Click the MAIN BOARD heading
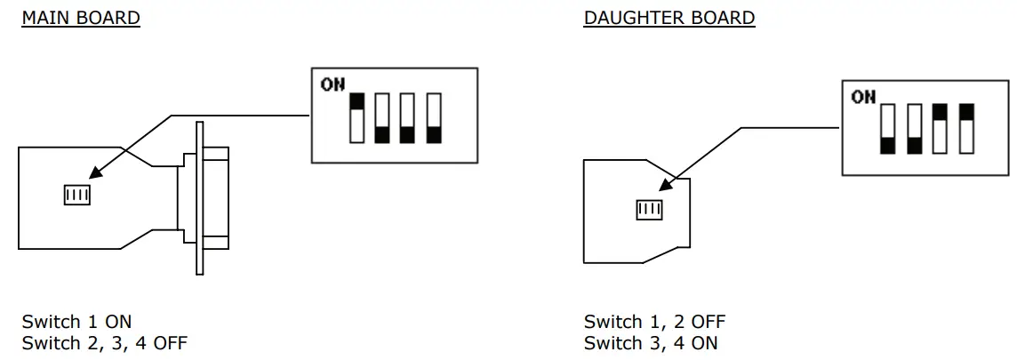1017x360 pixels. tap(80, 18)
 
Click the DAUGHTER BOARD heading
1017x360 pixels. tap(669, 18)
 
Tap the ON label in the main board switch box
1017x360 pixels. tap(332, 84)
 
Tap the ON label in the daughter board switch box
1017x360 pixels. tap(863, 97)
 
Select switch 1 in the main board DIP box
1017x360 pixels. tap(357, 117)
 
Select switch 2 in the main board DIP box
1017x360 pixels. tap(383, 117)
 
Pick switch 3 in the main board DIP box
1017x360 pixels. tap(409, 117)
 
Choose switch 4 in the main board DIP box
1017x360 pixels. tap(434, 117)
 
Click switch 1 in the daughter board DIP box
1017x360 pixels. tap(887, 129)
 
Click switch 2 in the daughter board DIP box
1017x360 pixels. tap(914, 129)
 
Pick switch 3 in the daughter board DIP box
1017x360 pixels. tap(941, 129)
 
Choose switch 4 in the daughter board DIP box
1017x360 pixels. tap(966, 129)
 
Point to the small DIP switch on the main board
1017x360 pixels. tap(77, 195)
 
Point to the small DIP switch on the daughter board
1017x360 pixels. tap(650, 210)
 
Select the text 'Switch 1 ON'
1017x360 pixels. tap(76, 321)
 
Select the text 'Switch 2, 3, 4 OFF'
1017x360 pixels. tap(104, 342)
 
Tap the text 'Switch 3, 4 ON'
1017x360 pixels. tap(650, 342)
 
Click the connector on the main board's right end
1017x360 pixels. tap(203, 205)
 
